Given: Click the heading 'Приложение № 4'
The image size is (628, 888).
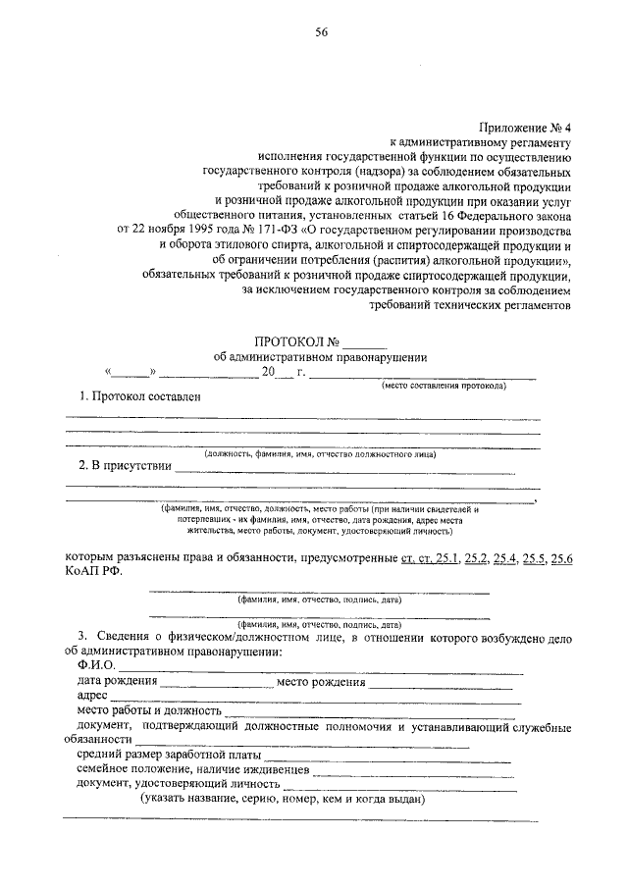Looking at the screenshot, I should pyautogui.click(x=526, y=128).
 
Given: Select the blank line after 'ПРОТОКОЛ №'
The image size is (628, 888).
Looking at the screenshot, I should pyautogui.click(x=365, y=344).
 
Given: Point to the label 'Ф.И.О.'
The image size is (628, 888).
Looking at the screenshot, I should pyautogui.click(x=95, y=667).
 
